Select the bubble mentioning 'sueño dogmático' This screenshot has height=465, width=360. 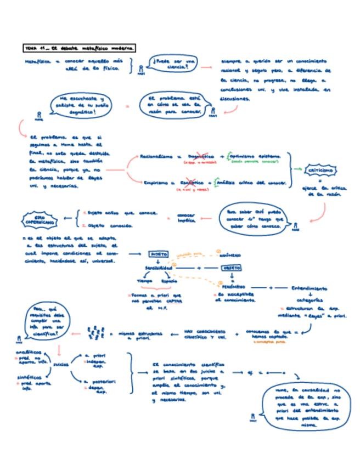pyautogui.click(x=82, y=104)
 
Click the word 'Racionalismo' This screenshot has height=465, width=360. pyautogui.click(x=158, y=156)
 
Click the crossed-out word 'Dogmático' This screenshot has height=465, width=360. pyautogui.click(x=199, y=156)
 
